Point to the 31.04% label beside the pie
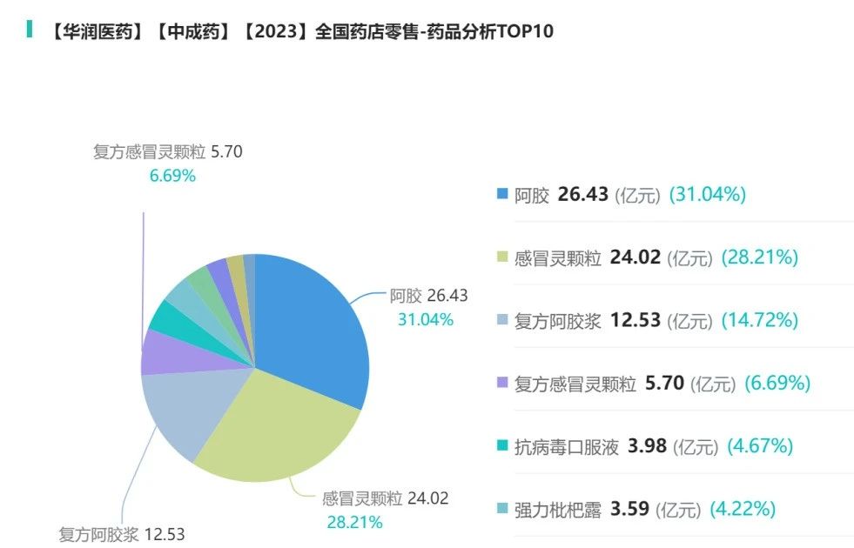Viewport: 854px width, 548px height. pos(426,319)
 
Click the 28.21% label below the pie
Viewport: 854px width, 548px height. pos(354,523)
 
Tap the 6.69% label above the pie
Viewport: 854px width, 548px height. pos(172,176)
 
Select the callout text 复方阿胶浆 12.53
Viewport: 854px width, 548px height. pos(122,534)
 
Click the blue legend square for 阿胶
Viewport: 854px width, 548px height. pos(502,194)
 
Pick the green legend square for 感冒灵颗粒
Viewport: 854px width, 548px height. pos(502,257)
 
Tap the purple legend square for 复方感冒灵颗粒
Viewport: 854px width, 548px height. pos(502,383)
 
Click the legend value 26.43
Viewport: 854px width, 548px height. pos(582,194)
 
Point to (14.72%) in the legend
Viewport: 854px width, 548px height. pos(759,320)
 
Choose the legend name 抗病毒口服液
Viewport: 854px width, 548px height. pos(567,447)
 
